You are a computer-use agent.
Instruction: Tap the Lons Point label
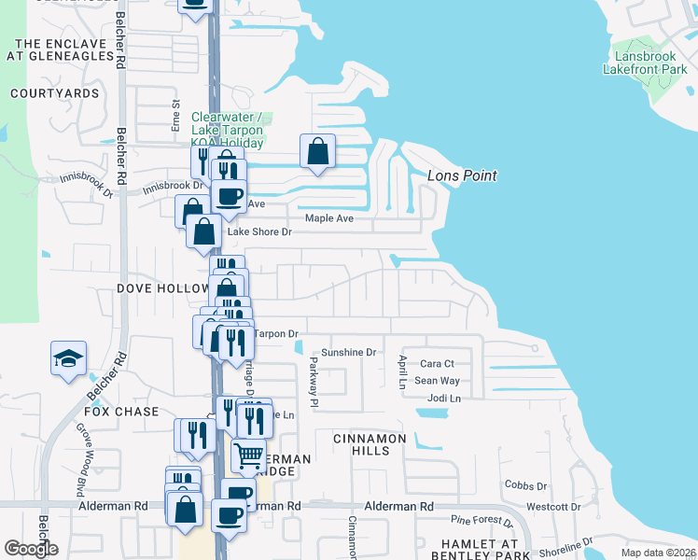coord(461,175)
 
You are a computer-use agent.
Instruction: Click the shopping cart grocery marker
coord(248,455)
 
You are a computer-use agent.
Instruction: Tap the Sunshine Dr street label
coord(348,353)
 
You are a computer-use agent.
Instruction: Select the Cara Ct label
coord(437,364)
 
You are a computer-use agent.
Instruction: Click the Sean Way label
coord(437,381)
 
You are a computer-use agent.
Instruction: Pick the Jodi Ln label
coord(443,399)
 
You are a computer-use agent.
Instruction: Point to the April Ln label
coord(402,371)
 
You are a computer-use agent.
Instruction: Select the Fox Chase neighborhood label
coord(122,412)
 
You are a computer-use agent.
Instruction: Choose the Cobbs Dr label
coord(525,486)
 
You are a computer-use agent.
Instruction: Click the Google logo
coord(32,549)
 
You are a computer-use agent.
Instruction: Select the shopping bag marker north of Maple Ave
coord(317,150)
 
